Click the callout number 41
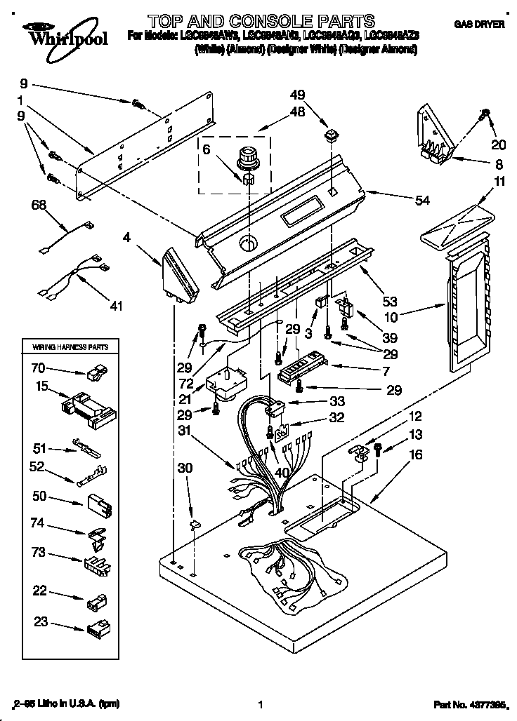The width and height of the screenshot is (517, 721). (116, 305)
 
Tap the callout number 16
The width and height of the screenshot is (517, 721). (416, 455)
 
